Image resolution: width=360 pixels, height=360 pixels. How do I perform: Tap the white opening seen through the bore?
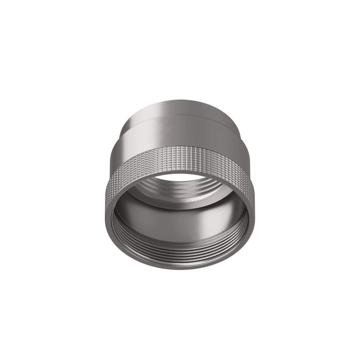tap(180, 177)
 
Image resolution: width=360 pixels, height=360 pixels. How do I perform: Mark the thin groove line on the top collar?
tap(180, 115)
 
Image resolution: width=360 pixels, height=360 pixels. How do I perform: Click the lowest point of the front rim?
tap(180, 269)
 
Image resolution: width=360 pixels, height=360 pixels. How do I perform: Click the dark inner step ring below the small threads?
tap(180, 202)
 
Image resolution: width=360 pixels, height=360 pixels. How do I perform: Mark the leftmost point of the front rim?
tap(106, 211)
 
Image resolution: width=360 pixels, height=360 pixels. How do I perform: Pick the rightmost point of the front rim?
tap(255, 211)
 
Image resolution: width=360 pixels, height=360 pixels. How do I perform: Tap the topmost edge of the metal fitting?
tap(180, 99)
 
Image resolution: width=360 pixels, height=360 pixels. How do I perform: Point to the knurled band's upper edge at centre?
tap(180, 147)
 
